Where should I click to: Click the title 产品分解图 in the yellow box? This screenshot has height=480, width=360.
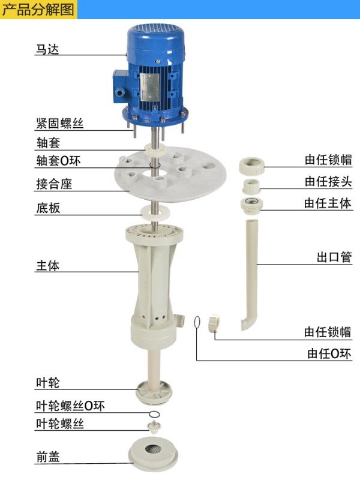(38, 10)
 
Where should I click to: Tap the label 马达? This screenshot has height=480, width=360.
(47, 49)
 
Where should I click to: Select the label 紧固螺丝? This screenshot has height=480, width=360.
(59, 124)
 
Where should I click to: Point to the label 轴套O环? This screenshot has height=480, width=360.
(58, 161)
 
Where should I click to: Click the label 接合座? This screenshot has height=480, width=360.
(54, 184)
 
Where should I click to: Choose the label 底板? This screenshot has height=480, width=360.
(48, 208)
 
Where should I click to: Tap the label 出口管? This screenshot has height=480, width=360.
(334, 257)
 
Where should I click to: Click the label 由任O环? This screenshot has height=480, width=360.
(329, 353)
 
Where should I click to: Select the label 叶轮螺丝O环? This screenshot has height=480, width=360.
(70, 406)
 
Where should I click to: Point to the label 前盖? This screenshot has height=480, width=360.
(48, 457)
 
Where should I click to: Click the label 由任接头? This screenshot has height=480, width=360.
(328, 182)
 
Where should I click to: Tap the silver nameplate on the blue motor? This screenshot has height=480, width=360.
(151, 87)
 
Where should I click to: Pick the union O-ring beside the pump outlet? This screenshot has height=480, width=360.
(197, 323)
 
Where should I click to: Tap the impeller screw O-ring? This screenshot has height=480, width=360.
(154, 414)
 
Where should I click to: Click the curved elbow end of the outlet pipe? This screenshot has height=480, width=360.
(247, 324)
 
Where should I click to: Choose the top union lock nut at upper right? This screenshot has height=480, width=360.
(251, 166)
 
